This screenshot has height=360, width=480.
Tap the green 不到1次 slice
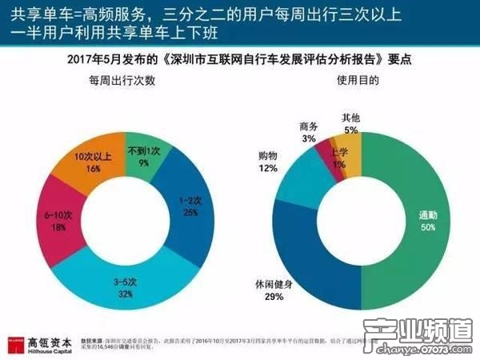coord(145,151)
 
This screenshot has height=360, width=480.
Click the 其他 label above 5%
coord(350,117)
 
